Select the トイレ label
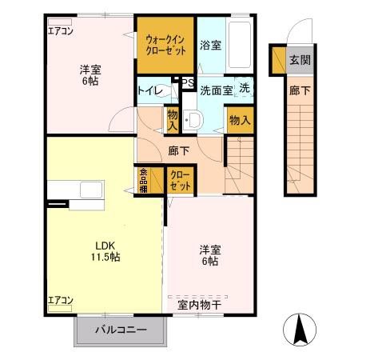149,90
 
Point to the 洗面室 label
216,90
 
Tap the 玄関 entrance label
300,60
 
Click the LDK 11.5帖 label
104,251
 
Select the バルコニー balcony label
121,330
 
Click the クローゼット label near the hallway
180,180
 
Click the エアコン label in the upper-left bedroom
60,32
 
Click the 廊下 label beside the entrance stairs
300,91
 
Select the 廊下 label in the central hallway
178,150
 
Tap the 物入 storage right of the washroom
238,120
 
